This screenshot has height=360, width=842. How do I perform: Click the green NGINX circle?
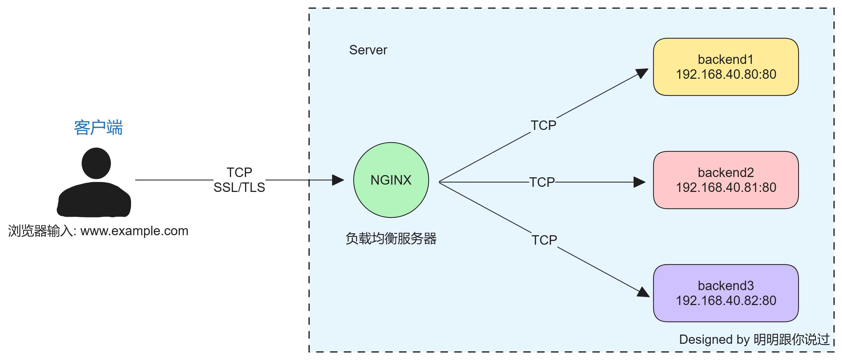(391, 180)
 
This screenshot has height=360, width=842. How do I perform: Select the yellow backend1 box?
(726, 67)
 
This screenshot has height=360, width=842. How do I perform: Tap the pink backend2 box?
(726, 180)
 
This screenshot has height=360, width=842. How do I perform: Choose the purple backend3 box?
(726, 293)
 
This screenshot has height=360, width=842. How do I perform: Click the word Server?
(368, 50)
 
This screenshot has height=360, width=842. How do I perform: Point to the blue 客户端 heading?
(98, 127)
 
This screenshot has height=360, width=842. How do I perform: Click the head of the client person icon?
(96, 163)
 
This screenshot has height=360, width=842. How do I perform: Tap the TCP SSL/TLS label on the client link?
(239, 180)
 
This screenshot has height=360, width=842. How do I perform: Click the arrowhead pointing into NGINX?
(338, 180)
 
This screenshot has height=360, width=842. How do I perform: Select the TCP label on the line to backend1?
(543, 125)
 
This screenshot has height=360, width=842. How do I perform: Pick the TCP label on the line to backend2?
(542, 182)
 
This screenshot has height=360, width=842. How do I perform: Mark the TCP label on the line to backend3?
(544, 240)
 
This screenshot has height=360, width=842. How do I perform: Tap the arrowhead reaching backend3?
(643, 292)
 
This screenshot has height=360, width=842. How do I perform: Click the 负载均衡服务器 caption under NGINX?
(391, 238)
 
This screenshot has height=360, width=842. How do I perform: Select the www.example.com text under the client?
(134, 231)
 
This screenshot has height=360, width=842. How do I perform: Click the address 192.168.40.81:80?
(726, 188)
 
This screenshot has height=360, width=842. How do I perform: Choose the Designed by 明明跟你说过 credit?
(754, 339)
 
